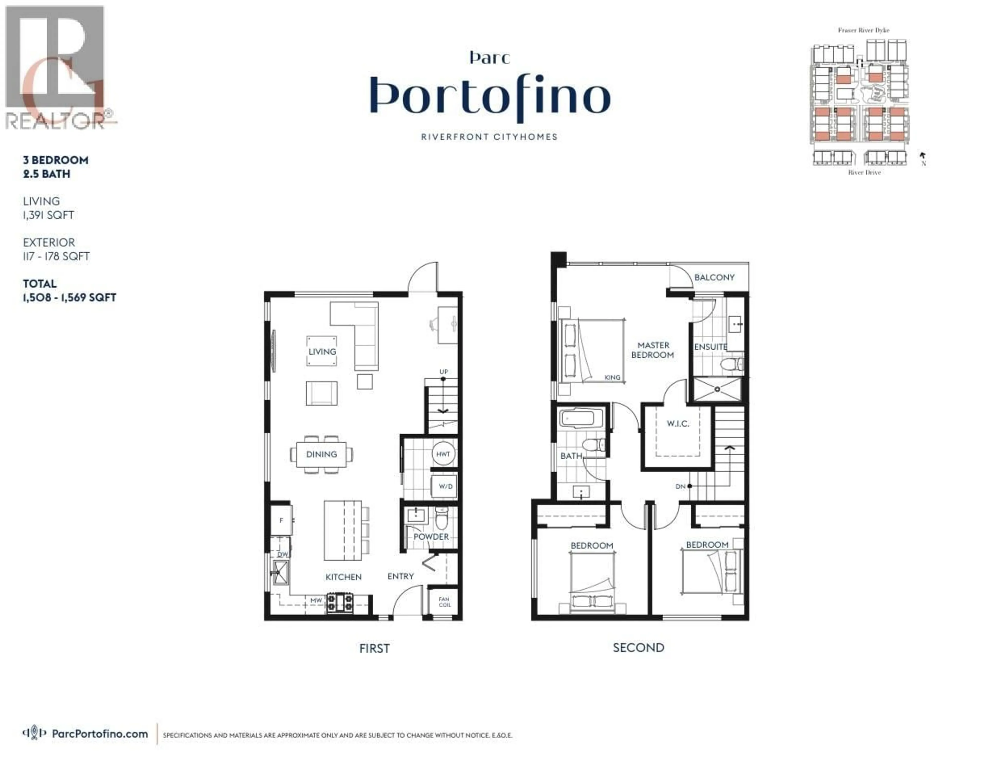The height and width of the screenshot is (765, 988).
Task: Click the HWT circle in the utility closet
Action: tap(443, 454)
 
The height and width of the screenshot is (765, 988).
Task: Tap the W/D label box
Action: tap(445, 486)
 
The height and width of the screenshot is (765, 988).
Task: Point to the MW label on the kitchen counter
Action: tap(316, 600)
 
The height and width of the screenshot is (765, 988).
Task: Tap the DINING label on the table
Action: tap(321, 454)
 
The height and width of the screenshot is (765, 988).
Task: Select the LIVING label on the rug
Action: tap(322, 351)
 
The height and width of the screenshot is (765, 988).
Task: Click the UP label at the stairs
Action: tap(443, 371)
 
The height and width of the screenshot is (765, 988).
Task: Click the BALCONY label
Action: tap(714, 277)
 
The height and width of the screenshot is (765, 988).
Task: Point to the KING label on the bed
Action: tap(612, 377)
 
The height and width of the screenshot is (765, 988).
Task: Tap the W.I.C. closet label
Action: tap(678, 424)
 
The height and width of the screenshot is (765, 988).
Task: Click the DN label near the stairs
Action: tap(680, 486)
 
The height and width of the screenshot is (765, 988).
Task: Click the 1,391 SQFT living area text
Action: tap(48, 215)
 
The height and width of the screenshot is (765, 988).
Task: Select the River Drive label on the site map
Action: tap(864, 172)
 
